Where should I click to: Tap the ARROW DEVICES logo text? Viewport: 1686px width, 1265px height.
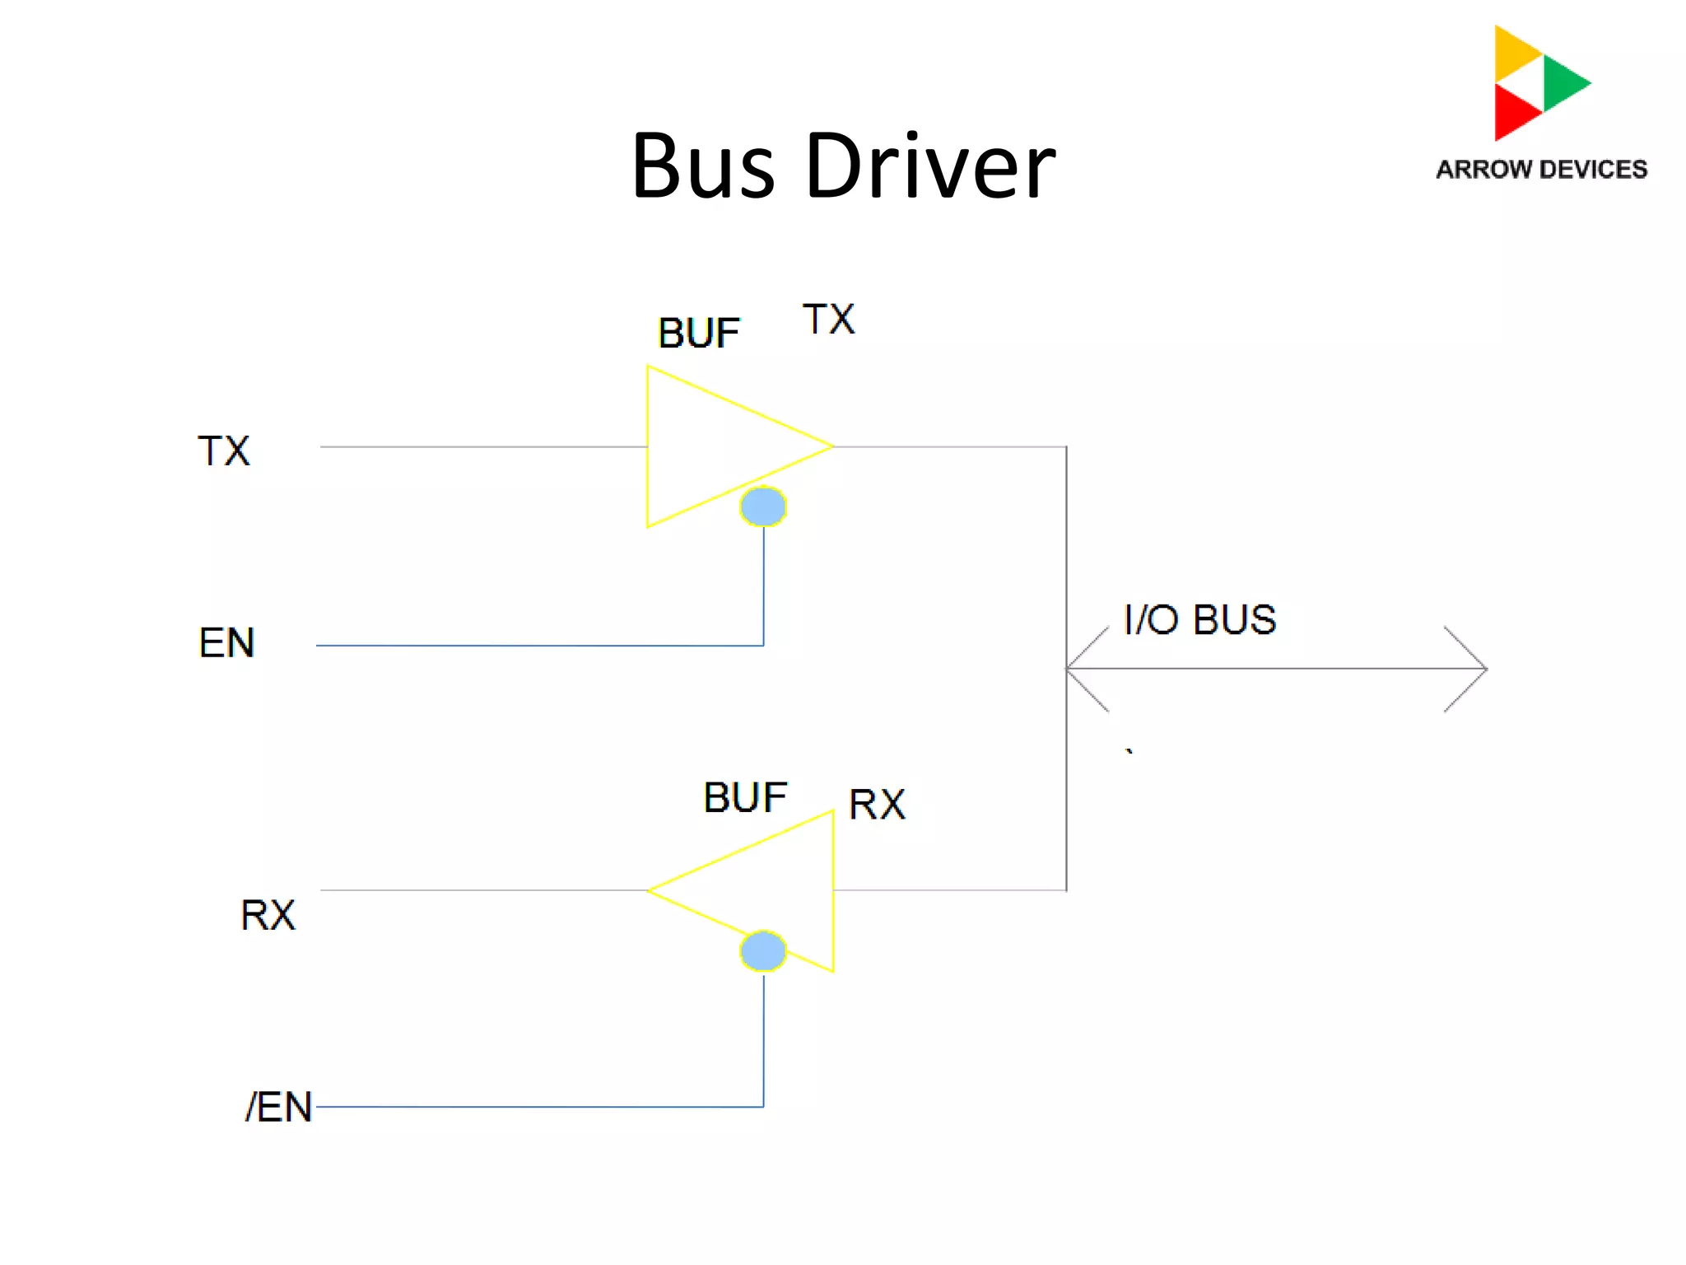[1541, 170]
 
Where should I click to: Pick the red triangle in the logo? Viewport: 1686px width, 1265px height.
[1512, 112]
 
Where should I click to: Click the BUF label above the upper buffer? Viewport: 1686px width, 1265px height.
[698, 334]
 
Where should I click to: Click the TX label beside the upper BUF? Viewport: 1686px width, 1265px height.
[829, 320]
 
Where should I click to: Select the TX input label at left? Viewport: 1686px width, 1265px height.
[223, 451]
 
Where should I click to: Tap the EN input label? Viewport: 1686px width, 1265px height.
[226, 642]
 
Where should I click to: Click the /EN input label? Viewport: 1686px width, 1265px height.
[278, 1107]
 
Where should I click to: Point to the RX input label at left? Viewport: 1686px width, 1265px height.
[268, 915]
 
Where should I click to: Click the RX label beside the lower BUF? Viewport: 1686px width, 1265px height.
[877, 805]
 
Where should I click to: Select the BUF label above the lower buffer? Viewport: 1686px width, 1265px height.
[745, 797]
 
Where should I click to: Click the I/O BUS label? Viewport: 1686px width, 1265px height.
[1199, 619]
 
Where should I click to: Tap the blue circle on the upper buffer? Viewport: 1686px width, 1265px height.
[763, 506]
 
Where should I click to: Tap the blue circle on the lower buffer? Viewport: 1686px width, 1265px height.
[763, 951]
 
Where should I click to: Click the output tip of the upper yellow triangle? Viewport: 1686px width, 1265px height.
[830, 446]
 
